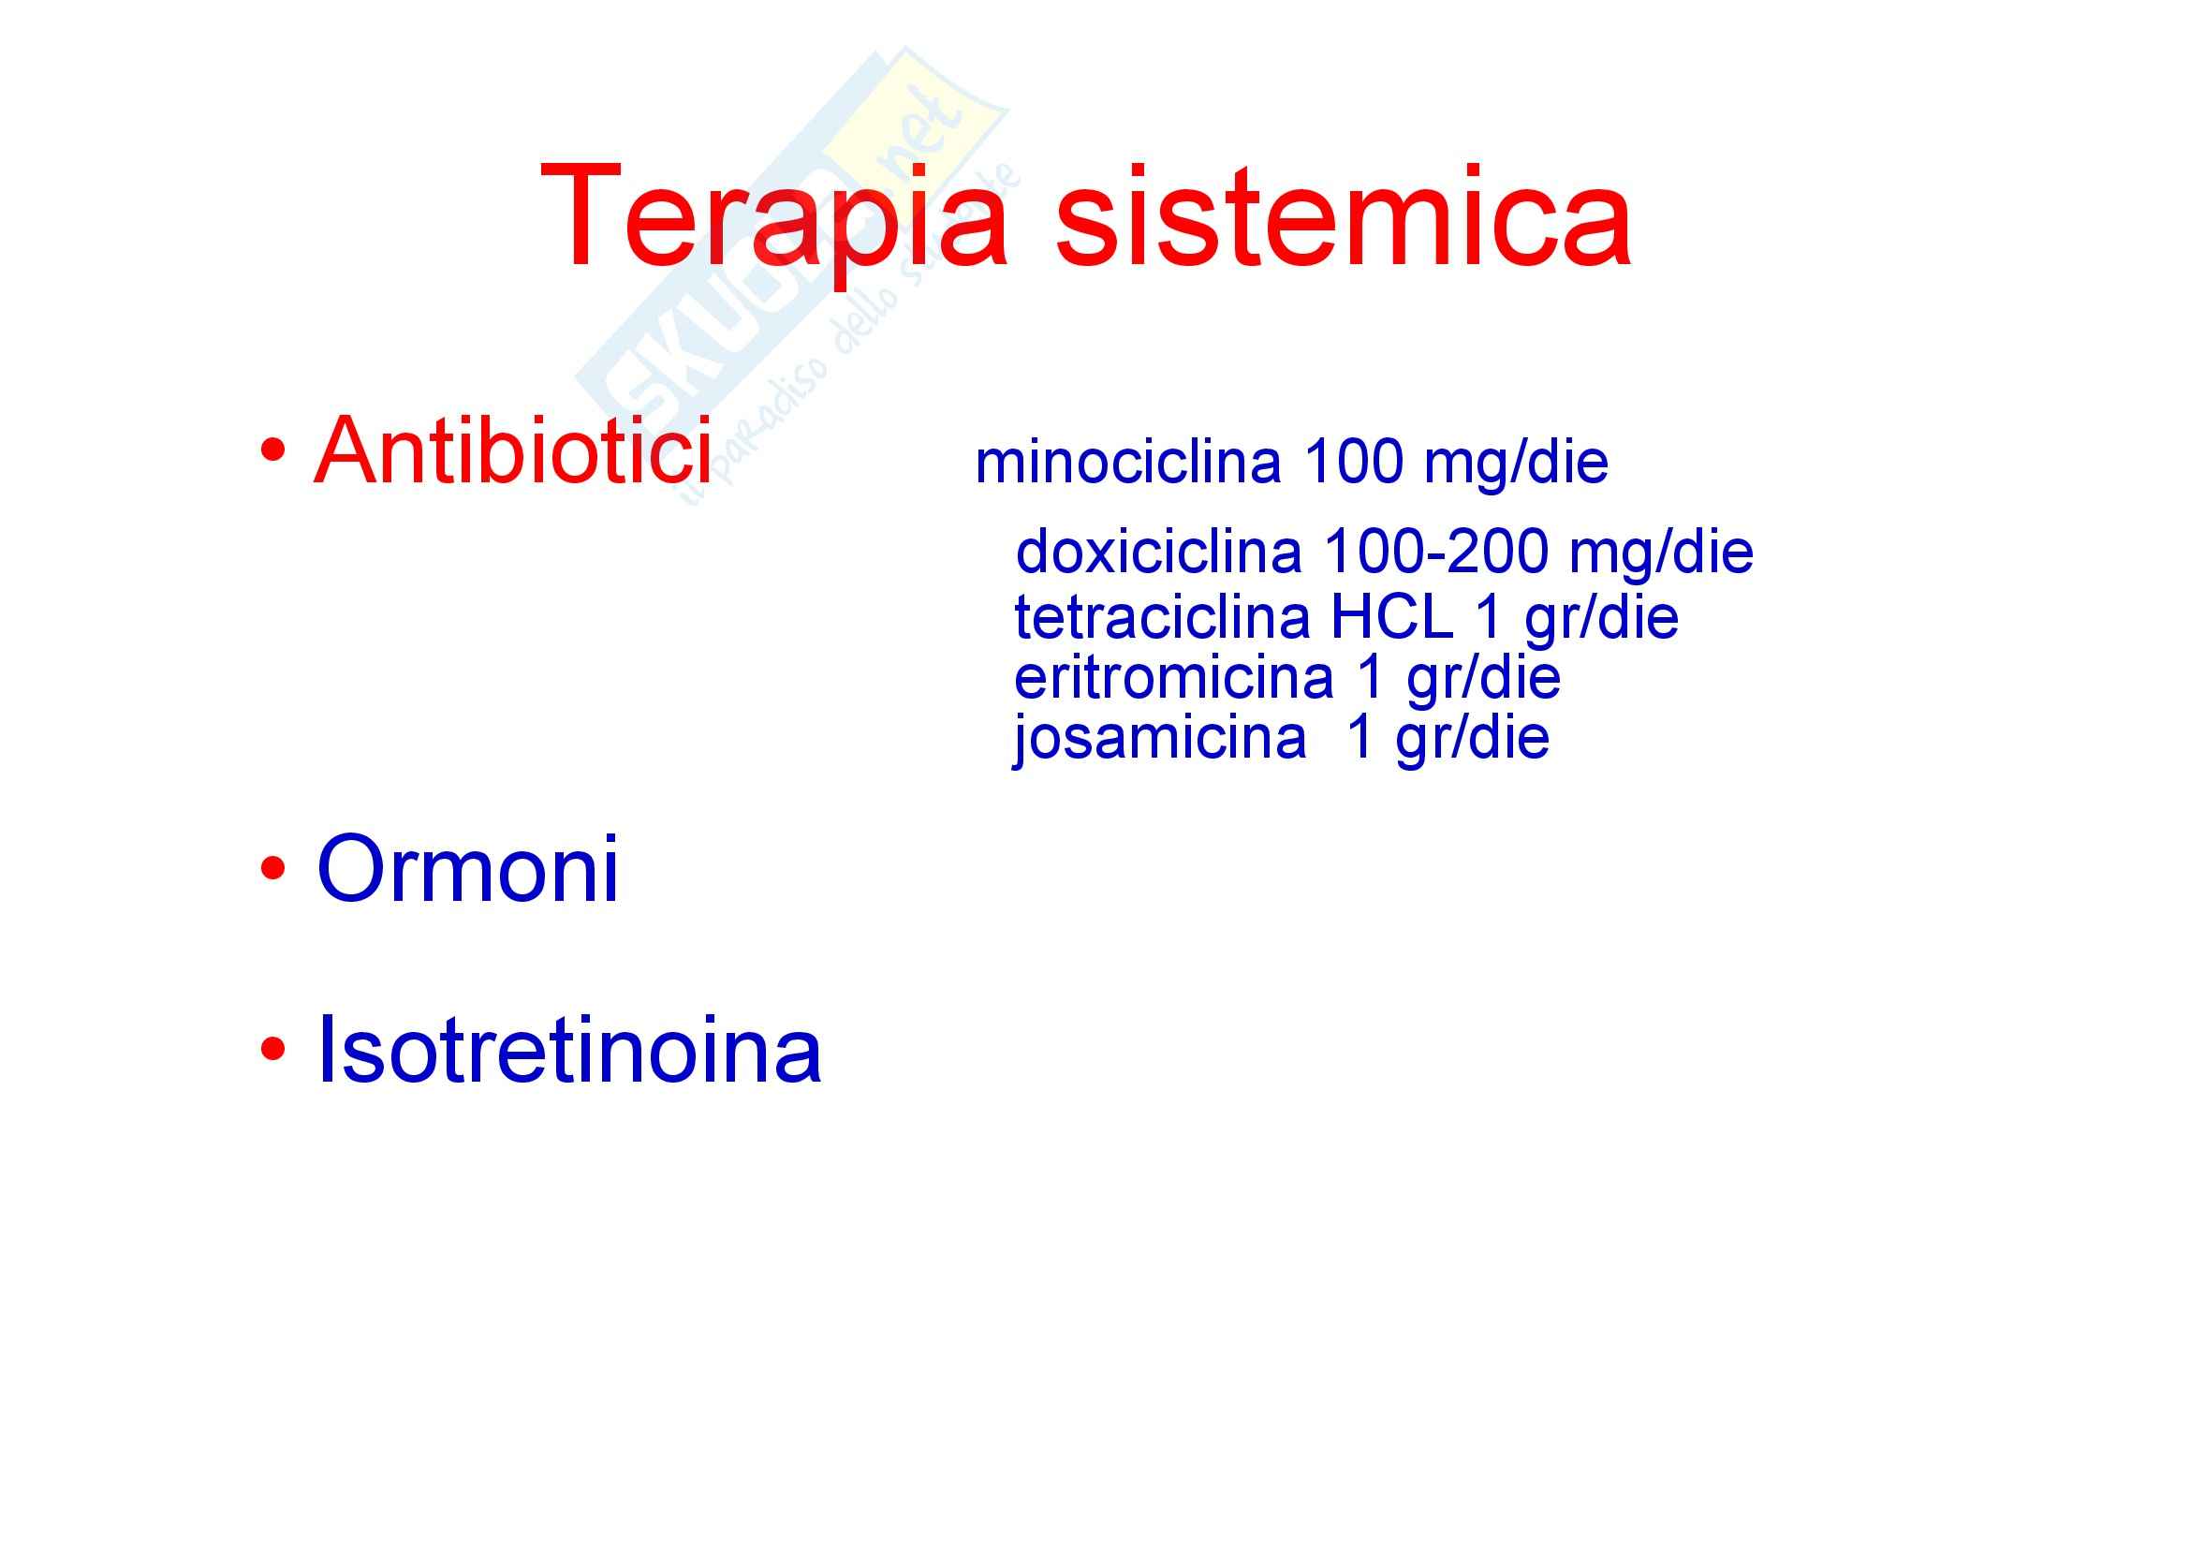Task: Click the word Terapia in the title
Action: (773, 217)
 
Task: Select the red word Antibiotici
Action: (512, 450)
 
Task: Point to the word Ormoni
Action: (467, 868)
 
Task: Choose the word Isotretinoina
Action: (568, 1049)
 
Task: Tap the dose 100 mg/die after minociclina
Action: (1456, 464)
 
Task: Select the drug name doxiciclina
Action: (1158, 552)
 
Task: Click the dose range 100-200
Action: (1436, 553)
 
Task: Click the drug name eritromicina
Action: (1173, 677)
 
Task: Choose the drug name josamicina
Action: (1160, 738)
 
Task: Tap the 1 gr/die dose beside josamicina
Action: (1448, 738)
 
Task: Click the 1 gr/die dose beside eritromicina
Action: (1460, 679)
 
